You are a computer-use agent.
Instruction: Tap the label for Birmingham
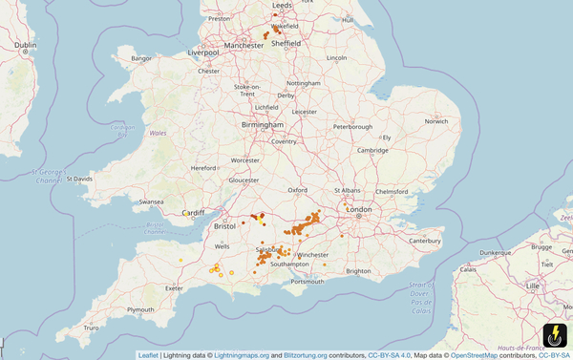coord(262,124)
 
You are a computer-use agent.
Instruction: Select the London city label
coord(358,208)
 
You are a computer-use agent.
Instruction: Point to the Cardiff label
coord(194,212)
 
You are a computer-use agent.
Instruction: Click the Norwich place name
coord(435,121)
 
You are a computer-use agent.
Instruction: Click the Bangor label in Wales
coord(141,58)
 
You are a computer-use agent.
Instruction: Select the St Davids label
coord(78,179)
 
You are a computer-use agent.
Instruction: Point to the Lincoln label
coord(336,58)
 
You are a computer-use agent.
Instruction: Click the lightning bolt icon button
coord(554,336)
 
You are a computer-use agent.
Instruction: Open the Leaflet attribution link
coord(148,355)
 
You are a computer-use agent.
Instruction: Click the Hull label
coord(347,19)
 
